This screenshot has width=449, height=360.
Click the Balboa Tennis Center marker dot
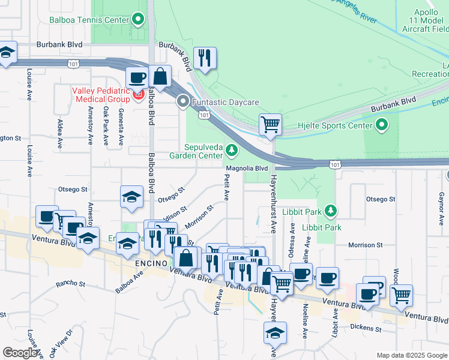(139, 19)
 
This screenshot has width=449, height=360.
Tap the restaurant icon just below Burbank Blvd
(205, 58)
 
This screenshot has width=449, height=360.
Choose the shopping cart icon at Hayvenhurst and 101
(271, 125)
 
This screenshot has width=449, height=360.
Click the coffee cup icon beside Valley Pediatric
(137, 77)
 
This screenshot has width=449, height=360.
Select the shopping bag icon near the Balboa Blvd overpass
(160, 76)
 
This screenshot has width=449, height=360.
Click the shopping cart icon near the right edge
(401, 295)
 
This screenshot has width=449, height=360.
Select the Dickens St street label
(367, 328)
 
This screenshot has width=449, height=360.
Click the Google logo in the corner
(20, 352)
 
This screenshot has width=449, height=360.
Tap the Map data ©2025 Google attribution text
(411, 355)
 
